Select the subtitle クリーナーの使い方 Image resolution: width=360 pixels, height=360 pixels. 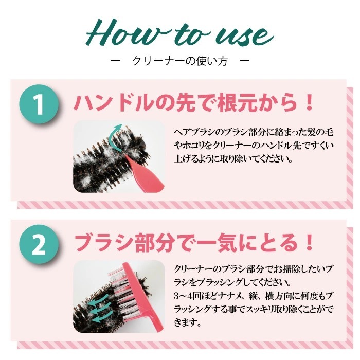click(x=180, y=61)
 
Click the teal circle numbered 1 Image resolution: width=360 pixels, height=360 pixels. click(x=39, y=104)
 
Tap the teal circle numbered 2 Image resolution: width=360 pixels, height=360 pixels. click(x=39, y=244)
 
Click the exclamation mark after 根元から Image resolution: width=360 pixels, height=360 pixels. click(x=309, y=102)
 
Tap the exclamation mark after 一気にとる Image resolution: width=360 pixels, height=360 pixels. click(x=309, y=242)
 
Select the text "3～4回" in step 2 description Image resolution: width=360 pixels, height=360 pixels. click(x=184, y=296)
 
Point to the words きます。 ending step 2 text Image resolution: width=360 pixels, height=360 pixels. click(x=187, y=322)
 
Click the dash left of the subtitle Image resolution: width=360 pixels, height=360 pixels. click(x=116, y=61)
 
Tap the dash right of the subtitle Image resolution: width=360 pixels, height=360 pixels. click(x=244, y=61)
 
